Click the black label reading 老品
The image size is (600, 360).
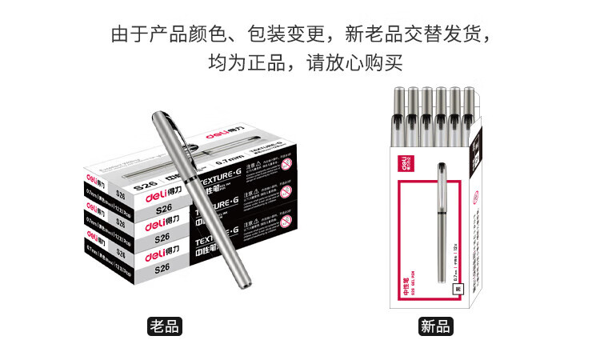tap(163, 326)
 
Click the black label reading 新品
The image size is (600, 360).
tap(435, 326)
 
